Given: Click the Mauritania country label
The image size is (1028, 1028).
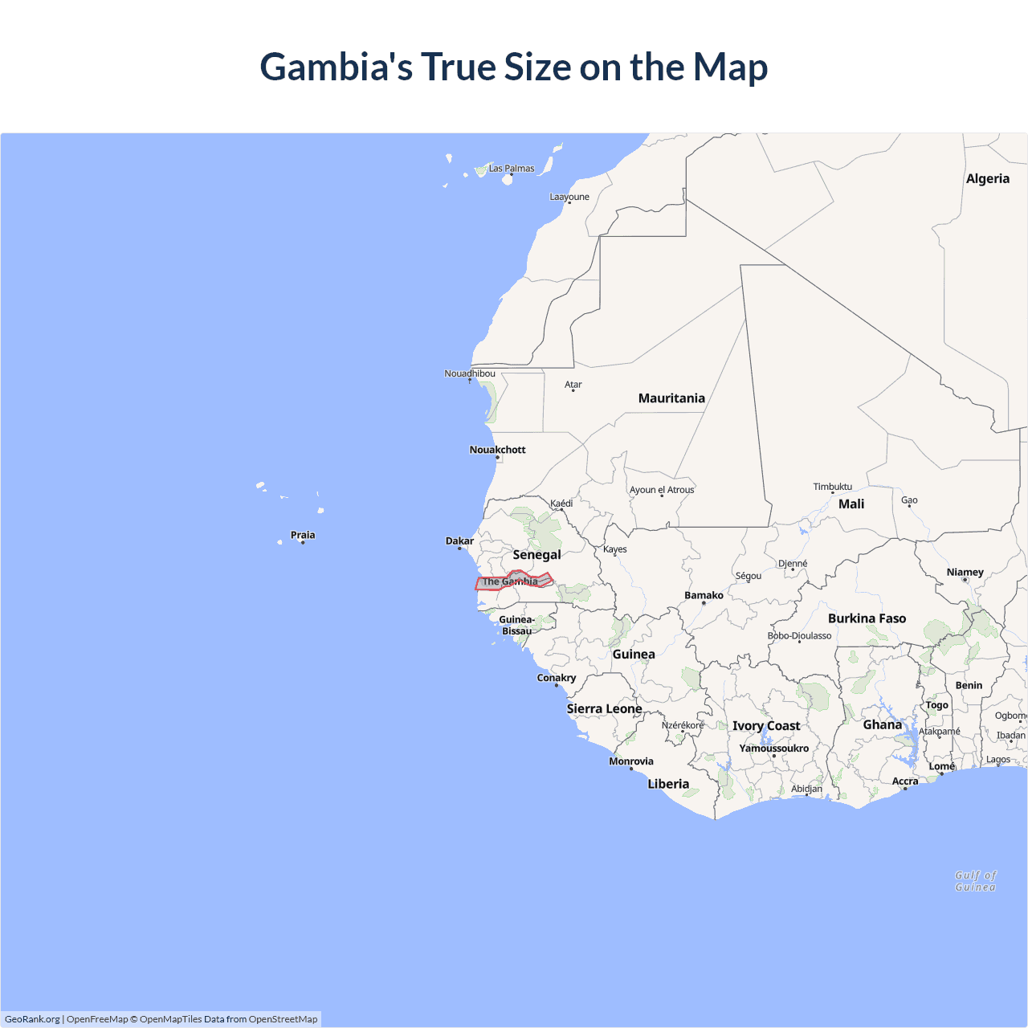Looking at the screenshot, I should coord(671,398).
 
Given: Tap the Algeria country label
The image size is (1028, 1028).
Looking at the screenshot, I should coord(987,179).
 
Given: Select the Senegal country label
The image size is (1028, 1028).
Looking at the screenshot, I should coord(536,555).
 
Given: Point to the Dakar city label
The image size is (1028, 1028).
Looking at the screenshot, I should coord(459,541).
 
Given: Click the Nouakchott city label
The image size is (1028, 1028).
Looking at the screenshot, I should coord(497,450).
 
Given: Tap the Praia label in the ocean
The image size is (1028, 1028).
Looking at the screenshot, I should coord(303,535).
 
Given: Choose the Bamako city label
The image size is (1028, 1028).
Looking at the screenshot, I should coord(704,595).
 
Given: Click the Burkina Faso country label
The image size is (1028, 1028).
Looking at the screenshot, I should coord(867,618).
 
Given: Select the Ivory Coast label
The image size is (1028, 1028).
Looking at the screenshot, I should coord(766,726).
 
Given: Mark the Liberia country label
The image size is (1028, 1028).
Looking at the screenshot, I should coord(668,784).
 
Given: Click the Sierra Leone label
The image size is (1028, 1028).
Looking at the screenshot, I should coord(604,709).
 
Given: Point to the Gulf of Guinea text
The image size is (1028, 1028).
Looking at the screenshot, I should coord(975,881).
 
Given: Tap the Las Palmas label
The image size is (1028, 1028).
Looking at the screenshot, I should coord(512,169).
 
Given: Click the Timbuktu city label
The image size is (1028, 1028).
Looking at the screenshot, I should coord(832,487).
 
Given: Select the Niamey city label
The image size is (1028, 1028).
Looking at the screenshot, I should coord(965,573).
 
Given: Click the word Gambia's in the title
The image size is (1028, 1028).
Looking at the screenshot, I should coord(336,67).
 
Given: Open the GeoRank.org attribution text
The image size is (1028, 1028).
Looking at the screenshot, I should coord(32,1019).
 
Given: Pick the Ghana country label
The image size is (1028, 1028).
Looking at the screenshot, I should coord(882,725).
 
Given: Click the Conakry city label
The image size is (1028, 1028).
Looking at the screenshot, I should coord(557,678).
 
